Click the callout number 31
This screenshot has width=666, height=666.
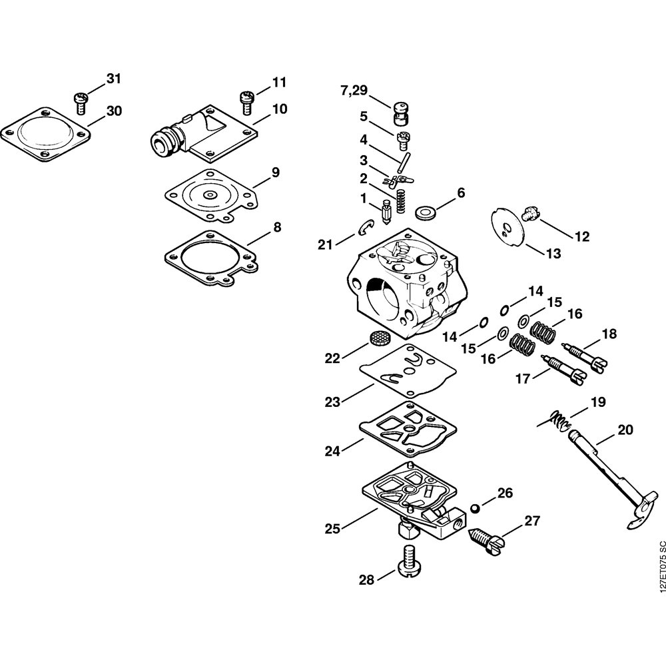114,79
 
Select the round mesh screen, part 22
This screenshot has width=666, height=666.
378,338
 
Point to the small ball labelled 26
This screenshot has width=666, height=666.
475,508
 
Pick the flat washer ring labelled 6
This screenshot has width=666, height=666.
424,214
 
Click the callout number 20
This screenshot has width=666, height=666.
625,430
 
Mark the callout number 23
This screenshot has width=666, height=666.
332,402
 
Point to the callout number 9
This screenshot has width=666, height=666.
275,172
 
